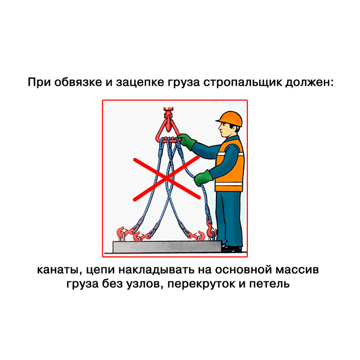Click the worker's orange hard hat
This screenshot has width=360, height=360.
229,119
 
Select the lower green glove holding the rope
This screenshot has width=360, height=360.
203,178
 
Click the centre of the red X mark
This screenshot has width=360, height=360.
167,178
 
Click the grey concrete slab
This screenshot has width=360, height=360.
168,246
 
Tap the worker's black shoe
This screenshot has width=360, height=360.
232,248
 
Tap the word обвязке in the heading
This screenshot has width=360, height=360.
78,82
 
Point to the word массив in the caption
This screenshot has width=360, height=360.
297,269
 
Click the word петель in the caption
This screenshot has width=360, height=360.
269,284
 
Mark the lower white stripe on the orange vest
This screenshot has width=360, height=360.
229,184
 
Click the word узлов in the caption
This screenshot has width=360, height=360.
145,284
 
